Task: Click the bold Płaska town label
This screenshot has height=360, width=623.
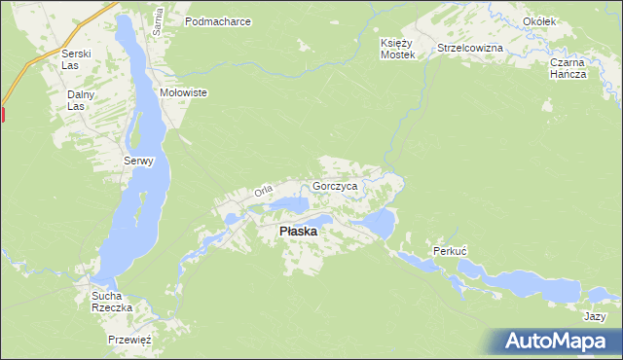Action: (x=297, y=232)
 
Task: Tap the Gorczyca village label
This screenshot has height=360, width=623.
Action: (x=336, y=185)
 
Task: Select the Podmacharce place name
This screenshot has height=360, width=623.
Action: (x=218, y=20)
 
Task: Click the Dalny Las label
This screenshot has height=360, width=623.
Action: (x=78, y=100)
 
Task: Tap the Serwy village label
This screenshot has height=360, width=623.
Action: (x=138, y=162)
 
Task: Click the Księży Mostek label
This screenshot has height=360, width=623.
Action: (x=398, y=49)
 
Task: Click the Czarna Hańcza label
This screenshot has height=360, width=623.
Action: (x=567, y=68)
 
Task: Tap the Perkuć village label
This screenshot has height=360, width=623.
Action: (x=451, y=251)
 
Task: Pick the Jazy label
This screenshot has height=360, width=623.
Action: (x=595, y=317)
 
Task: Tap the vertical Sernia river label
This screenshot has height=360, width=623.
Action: (x=156, y=18)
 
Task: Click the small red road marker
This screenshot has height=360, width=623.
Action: (x=3, y=114)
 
